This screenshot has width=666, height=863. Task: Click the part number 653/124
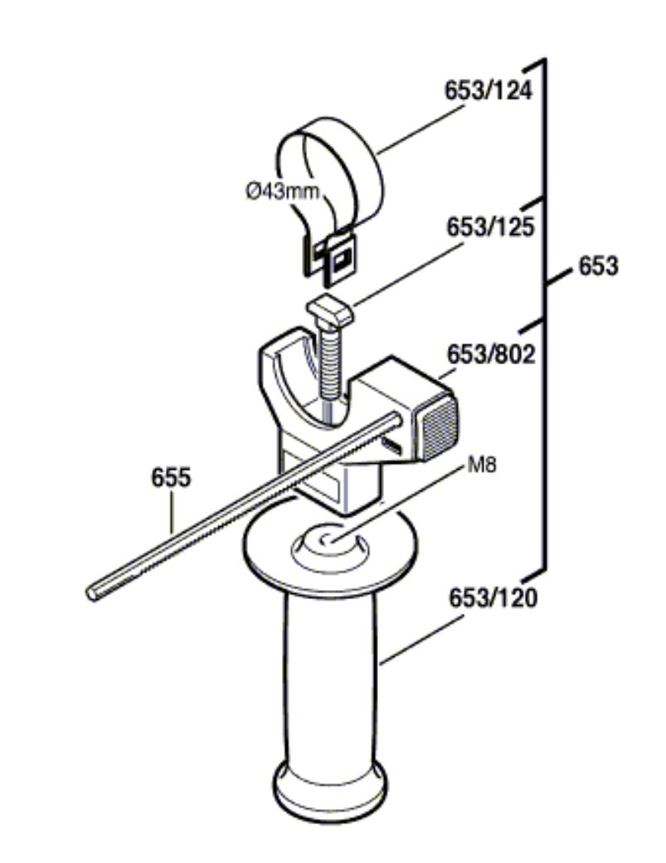tap(489, 90)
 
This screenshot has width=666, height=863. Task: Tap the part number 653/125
tap(490, 227)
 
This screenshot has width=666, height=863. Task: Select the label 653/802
tap(490, 354)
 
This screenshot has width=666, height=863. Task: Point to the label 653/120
tap(493, 597)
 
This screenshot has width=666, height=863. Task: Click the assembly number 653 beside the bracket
tap(598, 267)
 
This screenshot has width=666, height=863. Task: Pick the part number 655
tap(172, 477)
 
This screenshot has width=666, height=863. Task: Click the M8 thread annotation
tap(481, 465)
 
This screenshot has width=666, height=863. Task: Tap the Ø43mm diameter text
tap(282, 192)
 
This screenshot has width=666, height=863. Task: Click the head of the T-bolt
tap(329, 310)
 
